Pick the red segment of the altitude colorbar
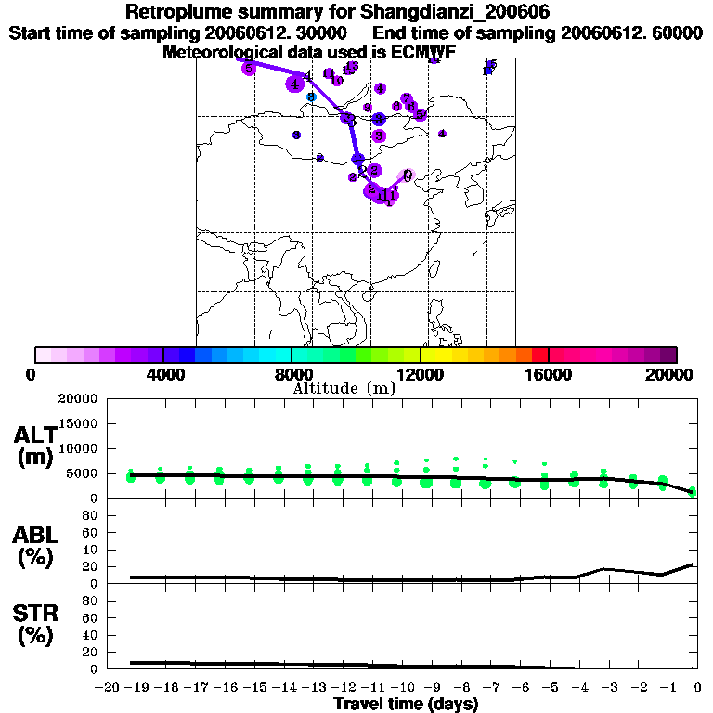click(539, 355)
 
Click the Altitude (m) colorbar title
click(344, 388)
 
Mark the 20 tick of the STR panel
click(92, 652)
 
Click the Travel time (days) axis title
click(406, 704)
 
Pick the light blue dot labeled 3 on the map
click(312, 97)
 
